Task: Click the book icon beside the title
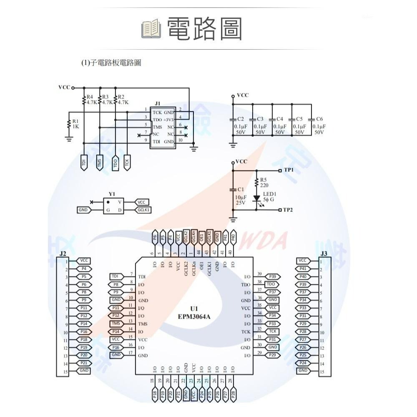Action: click(x=151, y=29)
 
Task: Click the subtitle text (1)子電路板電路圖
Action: click(x=111, y=63)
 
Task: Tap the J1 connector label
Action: click(x=157, y=103)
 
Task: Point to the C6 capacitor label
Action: click(x=319, y=119)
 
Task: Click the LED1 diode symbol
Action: click(x=257, y=198)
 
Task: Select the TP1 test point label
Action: click(x=289, y=170)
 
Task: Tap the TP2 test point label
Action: click(x=288, y=209)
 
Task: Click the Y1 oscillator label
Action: click(x=111, y=194)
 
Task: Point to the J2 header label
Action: click(x=63, y=254)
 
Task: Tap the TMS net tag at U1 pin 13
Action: click(x=116, y=324)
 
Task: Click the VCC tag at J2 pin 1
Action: click(x=83, y=261)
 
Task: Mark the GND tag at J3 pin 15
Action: click(x=303, y=371)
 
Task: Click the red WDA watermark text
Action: click(x=271, y=241)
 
